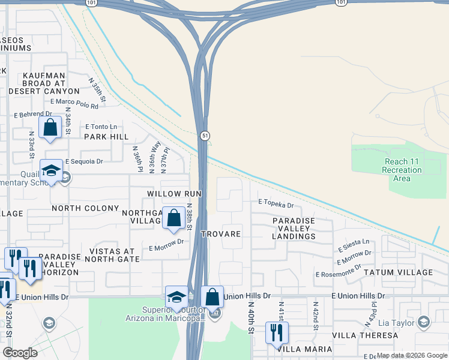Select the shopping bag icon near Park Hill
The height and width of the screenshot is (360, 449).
click(x=50, y=128)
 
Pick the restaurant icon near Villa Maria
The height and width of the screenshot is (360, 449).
click(x=277, y=333)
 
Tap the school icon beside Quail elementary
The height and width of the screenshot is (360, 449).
click(x=52, y=171)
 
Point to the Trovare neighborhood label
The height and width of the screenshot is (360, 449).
click(x=221, y=234)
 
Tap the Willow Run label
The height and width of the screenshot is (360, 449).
click(x=175, y=194)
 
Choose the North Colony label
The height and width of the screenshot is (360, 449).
click(x=85, y=208)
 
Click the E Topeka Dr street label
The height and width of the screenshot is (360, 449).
click(x=276, y=205)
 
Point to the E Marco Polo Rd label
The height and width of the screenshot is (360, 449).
click(x=74, y=103)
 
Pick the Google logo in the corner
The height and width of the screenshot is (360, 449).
click(x=20, y=353)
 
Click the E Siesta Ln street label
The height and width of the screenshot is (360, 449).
click(x=354, y=245)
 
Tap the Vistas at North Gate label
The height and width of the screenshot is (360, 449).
click(x=112, y=255)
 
